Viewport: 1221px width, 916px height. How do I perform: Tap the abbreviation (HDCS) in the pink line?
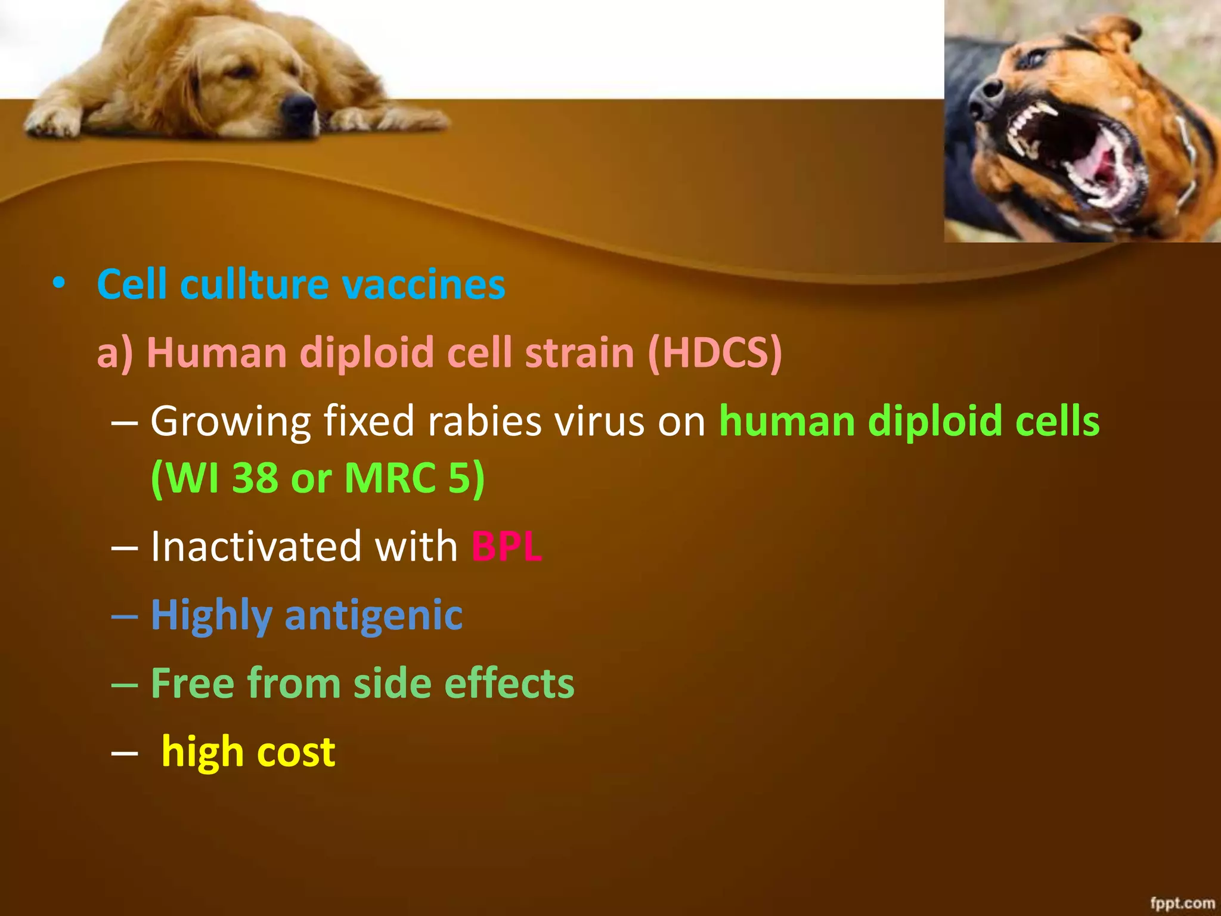[714, 352]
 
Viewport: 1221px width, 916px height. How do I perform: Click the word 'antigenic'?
[374, 615]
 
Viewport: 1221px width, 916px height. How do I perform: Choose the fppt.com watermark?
[1182, 902]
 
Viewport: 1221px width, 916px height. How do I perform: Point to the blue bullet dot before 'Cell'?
[58, 283]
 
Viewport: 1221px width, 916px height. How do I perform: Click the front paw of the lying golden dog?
[51, 124]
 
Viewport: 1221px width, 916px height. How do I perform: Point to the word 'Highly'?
[211, 615]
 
